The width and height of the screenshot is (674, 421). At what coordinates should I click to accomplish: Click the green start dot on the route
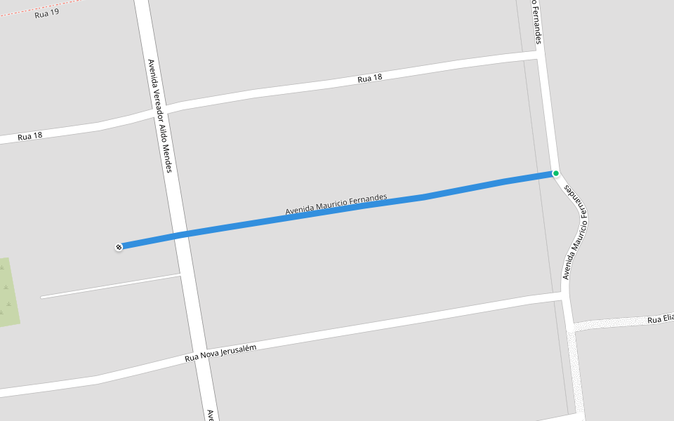coord(555,173)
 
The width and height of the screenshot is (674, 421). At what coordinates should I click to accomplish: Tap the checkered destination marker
coord(119,246)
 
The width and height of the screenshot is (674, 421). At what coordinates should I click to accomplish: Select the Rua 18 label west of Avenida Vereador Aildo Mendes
coord(30,136)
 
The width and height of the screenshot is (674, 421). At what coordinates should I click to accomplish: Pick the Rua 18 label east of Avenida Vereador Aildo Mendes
coord(369,79)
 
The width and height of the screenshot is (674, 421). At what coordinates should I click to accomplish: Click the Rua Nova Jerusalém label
coord(220,353)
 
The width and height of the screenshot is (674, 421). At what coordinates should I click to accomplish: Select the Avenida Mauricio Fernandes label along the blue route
coord(336,204)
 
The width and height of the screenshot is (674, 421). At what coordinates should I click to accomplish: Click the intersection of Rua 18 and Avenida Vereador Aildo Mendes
coord(156,112)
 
